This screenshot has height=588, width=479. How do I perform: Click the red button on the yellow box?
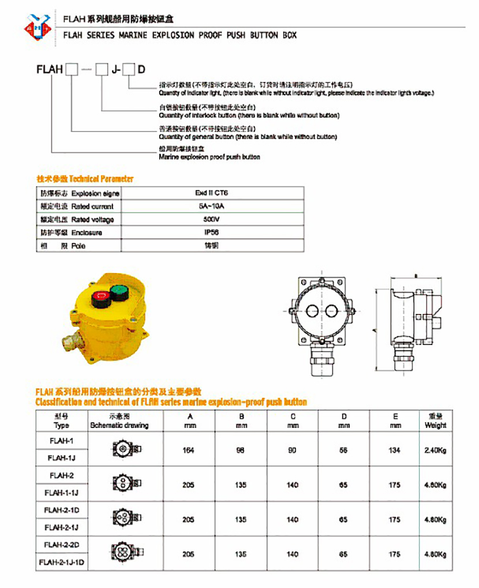(101, 299)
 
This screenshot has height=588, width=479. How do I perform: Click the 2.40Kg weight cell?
(435, 450)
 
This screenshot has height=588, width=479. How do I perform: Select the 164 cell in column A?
(188, 450)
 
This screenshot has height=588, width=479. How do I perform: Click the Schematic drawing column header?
(119, 425)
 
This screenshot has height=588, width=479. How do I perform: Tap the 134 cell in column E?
(395, 450)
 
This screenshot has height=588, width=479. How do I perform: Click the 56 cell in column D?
(344, 450)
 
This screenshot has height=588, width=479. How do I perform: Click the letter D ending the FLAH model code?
(141, 70)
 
